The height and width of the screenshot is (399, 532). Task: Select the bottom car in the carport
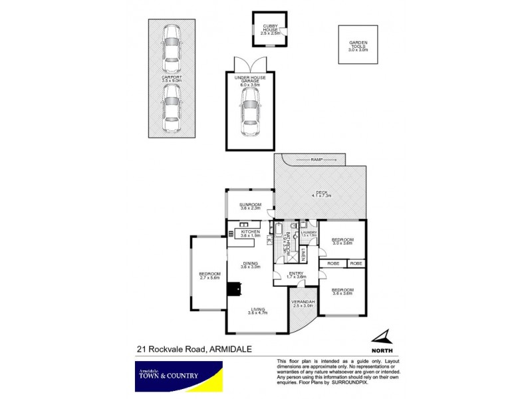[172, 106]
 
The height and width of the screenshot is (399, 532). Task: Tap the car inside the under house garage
[249, 108]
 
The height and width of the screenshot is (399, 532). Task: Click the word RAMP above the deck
[316, 160]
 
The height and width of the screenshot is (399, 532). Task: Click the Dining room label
[249, 265]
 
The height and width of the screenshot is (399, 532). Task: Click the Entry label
[296, 275]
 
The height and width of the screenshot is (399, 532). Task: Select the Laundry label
[308, 233]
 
